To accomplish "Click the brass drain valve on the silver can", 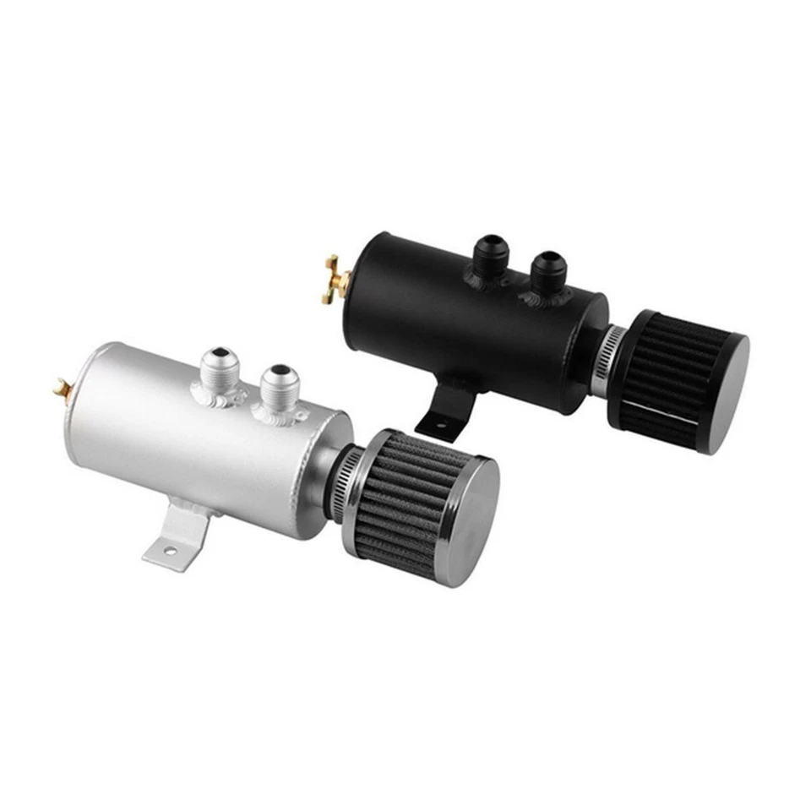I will [61, 388].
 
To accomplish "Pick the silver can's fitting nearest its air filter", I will [278, 389].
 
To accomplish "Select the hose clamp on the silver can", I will [349, 477].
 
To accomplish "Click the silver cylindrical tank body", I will [186, 448].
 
